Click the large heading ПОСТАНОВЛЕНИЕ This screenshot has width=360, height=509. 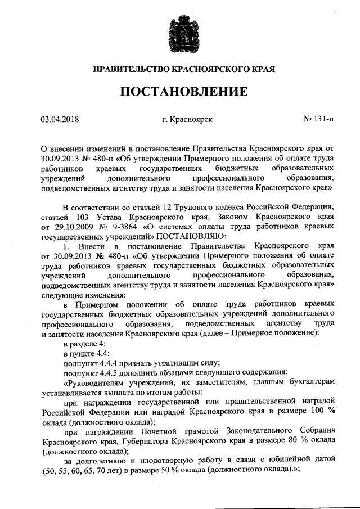point(179,91)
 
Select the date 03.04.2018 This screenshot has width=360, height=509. point(60,119)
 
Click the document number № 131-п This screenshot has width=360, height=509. point(318,119)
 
